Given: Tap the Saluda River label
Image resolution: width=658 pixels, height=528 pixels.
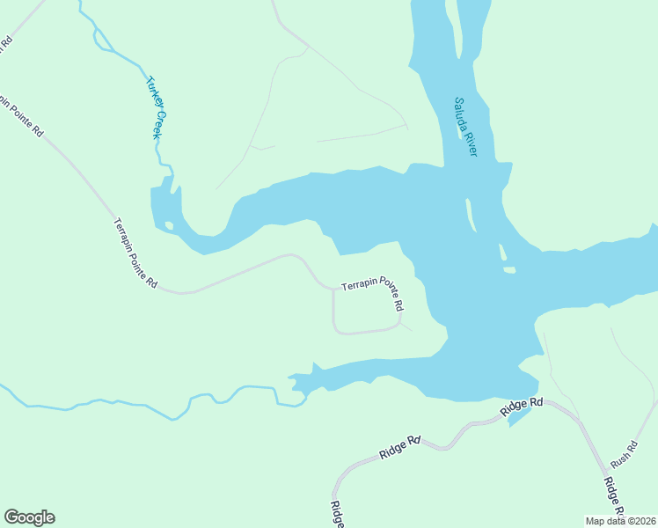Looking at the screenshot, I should click(x=465, y=127).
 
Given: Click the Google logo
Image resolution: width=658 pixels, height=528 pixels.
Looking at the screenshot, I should click(x=29, y=517).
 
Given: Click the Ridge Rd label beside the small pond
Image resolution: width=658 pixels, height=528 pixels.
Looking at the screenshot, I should click(x=523, y=407).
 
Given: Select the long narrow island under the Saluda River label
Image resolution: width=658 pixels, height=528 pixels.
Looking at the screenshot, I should click(x=471, y=213).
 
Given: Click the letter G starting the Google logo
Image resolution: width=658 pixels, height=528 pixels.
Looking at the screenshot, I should click(x=11, y=517).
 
